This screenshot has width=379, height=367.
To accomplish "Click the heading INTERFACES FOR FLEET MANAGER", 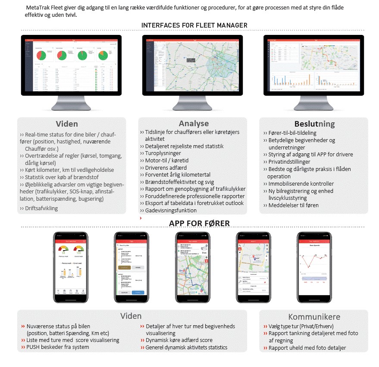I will click(x=194, y=25).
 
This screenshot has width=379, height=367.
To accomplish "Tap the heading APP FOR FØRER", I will click(x=199, y=223).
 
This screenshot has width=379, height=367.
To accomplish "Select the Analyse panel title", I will click(x=194, y=124).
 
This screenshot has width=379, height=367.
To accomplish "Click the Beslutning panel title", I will click(x=314, y=124).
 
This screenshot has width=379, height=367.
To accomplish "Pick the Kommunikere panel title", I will click(x=314, y=317).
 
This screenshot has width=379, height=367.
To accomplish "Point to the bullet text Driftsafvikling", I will click(x=41, y=208).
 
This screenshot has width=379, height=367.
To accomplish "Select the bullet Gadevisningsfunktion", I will click(x=171, y=210).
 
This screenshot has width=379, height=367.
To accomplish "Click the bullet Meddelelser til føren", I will click(x=294, y=205).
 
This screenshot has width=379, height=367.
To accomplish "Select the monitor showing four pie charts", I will click(x=72, y=65).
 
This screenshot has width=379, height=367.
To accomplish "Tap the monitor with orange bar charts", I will click(x=313, y=65).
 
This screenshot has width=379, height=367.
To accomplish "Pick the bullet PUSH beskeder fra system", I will click(x=58, y=348).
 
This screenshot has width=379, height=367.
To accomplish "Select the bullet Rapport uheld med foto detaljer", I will click(x=307, y=348).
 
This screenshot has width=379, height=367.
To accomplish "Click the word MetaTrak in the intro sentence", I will click(x=38, y=8).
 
